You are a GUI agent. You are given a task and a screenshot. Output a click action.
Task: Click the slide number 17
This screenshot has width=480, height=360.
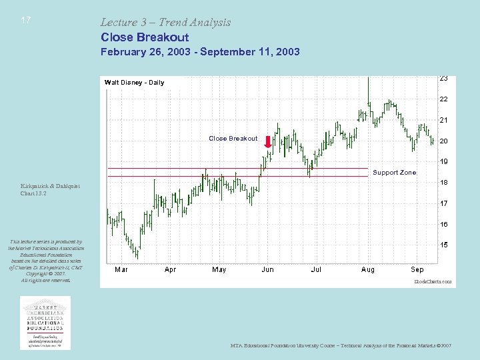[x=25, y=20]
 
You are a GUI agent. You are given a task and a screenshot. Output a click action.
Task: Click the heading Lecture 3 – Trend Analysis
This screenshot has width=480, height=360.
[x=165, y=22]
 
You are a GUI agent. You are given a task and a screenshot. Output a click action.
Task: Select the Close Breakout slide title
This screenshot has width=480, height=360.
[x=145, y=37]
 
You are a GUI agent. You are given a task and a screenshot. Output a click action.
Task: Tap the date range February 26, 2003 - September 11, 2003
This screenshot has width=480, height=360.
[x=200, y=51]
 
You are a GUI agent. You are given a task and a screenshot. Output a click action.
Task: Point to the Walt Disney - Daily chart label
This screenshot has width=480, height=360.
[x=134, y=83]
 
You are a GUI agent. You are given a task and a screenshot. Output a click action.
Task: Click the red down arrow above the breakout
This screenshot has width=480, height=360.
[x=268, y=142]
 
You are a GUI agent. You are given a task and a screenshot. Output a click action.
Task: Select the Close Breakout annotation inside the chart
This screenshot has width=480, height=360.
[x=233, y=139]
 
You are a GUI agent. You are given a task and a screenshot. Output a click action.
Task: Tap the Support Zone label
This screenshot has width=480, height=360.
[x=394, y=173]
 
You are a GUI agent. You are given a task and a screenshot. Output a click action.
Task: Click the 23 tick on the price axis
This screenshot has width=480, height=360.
[x=443, y=78]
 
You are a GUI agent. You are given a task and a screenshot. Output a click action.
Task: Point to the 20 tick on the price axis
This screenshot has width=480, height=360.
[x=443, y=141]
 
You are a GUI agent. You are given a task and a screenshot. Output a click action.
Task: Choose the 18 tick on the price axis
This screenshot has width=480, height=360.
[x=443, y=183]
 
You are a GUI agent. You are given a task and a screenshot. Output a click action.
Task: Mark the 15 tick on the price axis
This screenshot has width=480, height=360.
[x=443, y=245]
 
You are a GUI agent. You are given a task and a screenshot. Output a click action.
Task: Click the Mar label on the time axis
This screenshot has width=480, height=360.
[x=121, y=270]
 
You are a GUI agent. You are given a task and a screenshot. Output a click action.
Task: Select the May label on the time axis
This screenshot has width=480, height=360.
[x=219, y=270]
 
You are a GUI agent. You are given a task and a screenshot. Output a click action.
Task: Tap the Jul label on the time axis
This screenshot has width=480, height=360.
[x=316, y=270]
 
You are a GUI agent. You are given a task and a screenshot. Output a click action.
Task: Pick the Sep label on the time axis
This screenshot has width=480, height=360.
[x=417, y=270]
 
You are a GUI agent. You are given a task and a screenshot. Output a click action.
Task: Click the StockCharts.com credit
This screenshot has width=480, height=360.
[x=433, y=282]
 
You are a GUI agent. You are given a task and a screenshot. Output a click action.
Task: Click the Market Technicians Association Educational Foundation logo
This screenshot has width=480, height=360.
[x=45, y=322]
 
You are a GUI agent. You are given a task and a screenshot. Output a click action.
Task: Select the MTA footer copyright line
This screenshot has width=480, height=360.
[x=341, y=345]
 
